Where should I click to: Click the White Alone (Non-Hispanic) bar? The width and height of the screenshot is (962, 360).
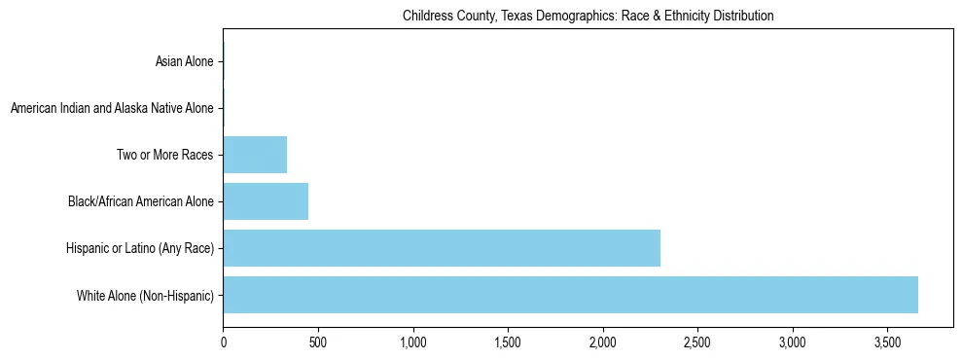570,295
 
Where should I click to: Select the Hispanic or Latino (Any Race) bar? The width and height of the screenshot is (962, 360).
442,248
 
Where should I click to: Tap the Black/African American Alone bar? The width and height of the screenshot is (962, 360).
266,201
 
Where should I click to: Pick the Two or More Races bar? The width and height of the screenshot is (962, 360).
255,155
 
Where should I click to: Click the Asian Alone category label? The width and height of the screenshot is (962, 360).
184,62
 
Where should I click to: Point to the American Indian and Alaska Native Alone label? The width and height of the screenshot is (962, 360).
112,108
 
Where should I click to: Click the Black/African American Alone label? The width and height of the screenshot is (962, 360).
140,201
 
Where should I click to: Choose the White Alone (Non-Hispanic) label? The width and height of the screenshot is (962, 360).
145,295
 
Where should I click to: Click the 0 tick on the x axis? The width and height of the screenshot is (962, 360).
223,342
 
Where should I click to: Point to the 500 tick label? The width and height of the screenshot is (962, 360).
318,342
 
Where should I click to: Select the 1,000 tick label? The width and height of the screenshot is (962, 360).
412,342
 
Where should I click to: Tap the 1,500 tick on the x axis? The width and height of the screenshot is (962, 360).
508,342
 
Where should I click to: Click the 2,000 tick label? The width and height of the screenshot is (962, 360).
603,342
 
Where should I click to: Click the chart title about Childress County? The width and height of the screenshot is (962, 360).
588,16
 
